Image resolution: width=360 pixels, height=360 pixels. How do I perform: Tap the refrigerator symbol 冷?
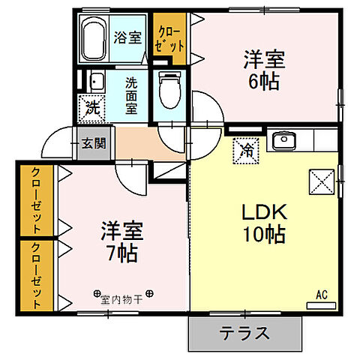(246, 148)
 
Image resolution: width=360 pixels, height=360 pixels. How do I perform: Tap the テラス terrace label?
(244, 333)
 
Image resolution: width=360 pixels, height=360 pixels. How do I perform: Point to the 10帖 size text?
(262, 235)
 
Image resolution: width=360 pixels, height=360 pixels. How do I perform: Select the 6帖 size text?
(262, 80)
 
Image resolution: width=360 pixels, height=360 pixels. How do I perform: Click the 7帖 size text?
(120, 253)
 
